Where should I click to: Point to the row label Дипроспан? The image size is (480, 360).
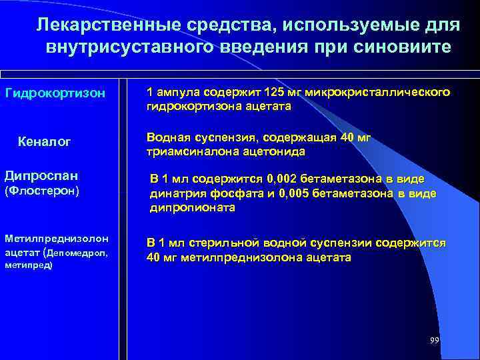pyautogui.click(x=41, y=177)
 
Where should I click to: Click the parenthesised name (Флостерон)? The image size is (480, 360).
pyautogui.click(x=42, y=191)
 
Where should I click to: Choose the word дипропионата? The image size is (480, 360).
pyautogui.click(x=192, y=207)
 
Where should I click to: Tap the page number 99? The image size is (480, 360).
pyautogui.click(x=435, y=341)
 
